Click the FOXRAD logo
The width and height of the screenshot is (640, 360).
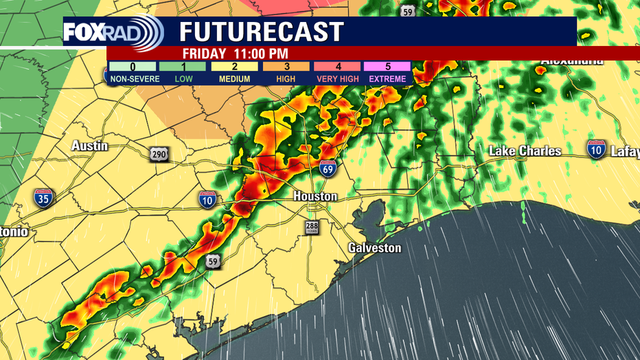113,32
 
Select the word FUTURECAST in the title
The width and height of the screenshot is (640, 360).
262,32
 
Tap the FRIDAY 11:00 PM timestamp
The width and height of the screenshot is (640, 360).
236,54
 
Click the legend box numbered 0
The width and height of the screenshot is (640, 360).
132,67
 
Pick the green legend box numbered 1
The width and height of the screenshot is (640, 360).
183,67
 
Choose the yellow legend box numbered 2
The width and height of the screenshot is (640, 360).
234,67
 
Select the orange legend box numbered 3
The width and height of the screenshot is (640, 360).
286,67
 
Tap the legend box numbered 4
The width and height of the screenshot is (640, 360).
337,67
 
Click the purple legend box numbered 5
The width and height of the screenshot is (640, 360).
388,67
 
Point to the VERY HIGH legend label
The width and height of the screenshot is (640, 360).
337,79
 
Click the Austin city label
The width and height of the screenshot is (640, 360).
89,146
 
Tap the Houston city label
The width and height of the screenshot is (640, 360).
315,196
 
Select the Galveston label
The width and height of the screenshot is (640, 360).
374,247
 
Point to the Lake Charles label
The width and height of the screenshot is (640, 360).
525,151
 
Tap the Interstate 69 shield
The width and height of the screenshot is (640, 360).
328,168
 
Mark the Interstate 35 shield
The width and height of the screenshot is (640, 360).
43,199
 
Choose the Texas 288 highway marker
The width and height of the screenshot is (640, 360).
312,227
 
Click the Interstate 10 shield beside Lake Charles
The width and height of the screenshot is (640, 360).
596,149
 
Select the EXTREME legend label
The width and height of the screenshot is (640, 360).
388,79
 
